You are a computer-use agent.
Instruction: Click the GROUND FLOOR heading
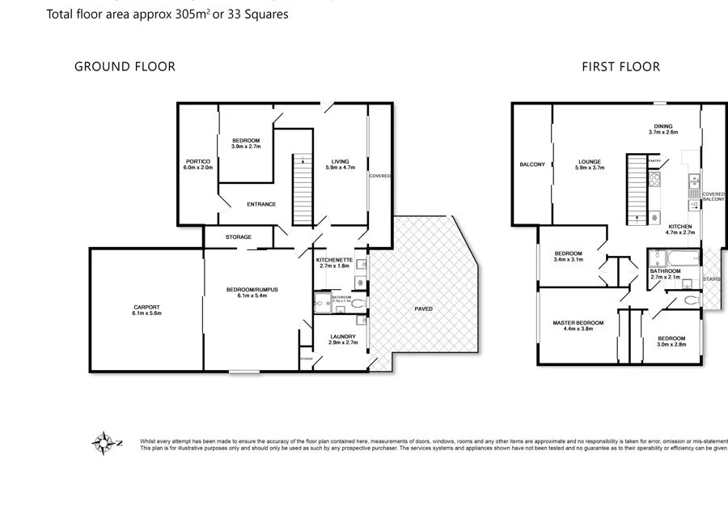[x=125, y=66]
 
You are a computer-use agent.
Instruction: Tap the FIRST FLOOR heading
[x=620, y=66]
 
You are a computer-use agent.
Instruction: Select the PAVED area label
[x=425, y=308]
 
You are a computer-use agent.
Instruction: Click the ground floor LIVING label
[x=340, y=161]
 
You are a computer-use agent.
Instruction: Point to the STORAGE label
[x=238, y=236]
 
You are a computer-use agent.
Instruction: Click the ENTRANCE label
[x=261, y=204]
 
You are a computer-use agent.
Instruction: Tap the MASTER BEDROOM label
[x=578, y=322]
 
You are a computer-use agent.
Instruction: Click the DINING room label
[x=662, y=126]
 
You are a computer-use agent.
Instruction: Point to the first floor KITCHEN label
[x=679, y=226]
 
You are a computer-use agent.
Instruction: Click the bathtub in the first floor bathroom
[x=671, y=259]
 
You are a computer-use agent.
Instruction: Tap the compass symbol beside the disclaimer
[x=104, y=443]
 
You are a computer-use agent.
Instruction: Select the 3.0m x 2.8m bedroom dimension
[x=671, y=344]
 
